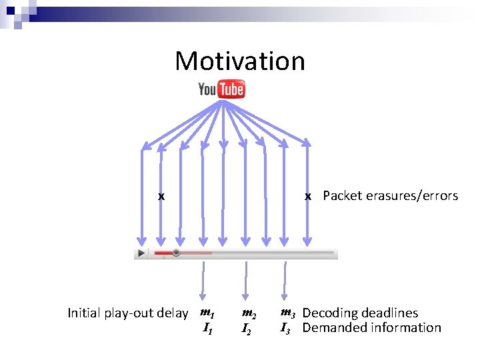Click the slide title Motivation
point(240,61)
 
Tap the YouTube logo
point(221,89)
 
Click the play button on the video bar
point(141,253)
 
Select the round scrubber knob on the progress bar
point(176,253)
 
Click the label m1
point(207,313)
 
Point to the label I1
point(207,328)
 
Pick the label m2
point(249,313)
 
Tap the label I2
point(246,329)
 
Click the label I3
point(285,327)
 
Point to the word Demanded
point(333,327)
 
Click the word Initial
point(84,313)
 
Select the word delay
point(173,313)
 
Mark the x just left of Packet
point(307,196)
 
